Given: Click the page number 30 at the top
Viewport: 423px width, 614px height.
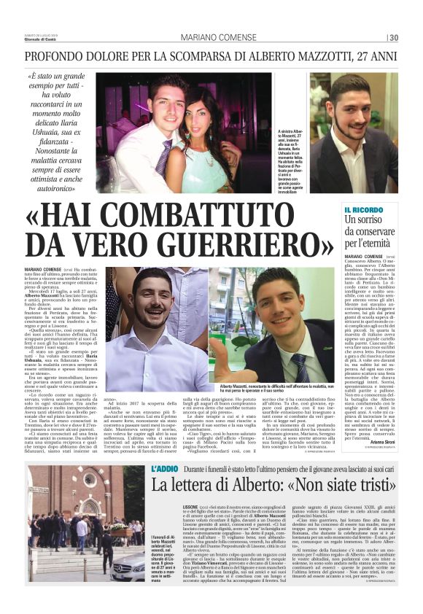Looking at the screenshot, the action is pyautogui.click(x=393, y=38).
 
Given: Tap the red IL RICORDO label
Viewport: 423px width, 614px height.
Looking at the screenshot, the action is pyautogui.click(x=359, y=209).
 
